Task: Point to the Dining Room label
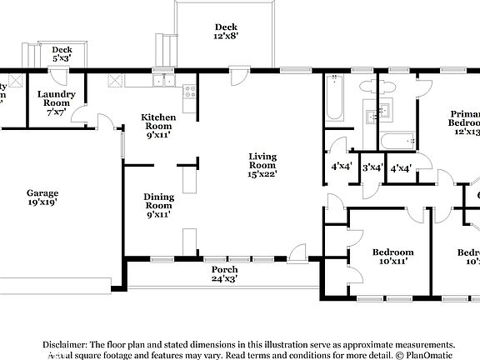point(158,205)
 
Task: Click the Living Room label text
point(262,164)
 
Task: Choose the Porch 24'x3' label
point(223,274)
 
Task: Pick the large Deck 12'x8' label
point(226,32)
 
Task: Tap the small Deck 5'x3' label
point(62,55)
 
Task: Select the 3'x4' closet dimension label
point(372,167)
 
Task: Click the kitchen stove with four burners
point(189,92)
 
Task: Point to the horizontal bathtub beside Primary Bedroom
point(395,141)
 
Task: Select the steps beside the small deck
point(31,56)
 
